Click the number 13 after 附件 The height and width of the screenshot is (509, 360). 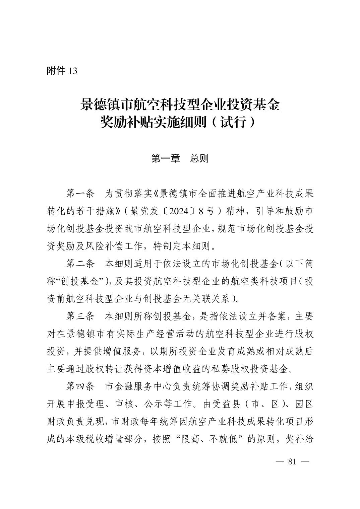coord(73,71)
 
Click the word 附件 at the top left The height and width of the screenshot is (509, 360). coord(56,71)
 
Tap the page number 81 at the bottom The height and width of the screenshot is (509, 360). coord(292,461)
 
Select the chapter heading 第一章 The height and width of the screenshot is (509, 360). coord(166,158)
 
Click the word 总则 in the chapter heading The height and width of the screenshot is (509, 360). coord(199,158)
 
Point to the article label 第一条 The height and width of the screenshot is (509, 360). coord(80,194)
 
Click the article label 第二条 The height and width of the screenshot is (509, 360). coord(80,264)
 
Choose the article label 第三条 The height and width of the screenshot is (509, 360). coord(80,316)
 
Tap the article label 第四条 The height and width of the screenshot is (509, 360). coord(80,386)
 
